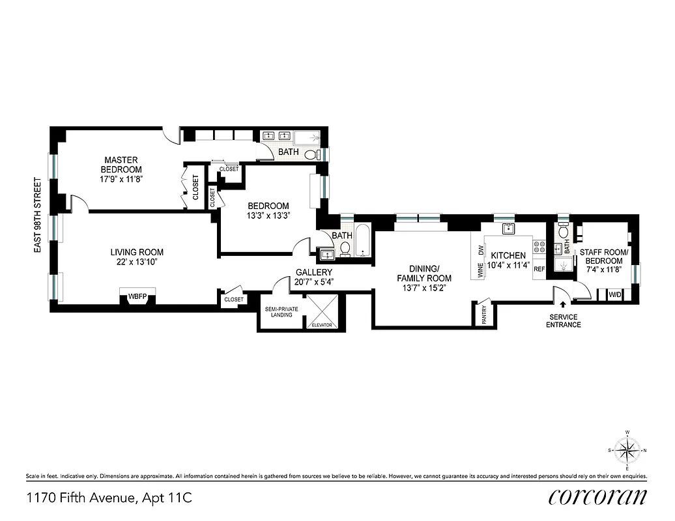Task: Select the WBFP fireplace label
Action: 137,296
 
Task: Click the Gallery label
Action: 314,272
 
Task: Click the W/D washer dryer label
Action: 614,294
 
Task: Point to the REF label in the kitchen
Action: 539,268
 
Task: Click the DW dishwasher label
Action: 481,249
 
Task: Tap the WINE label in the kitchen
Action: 481,270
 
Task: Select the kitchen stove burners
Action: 539,247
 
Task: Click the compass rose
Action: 627,449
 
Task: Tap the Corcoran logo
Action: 597,498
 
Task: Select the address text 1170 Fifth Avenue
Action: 82,499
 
